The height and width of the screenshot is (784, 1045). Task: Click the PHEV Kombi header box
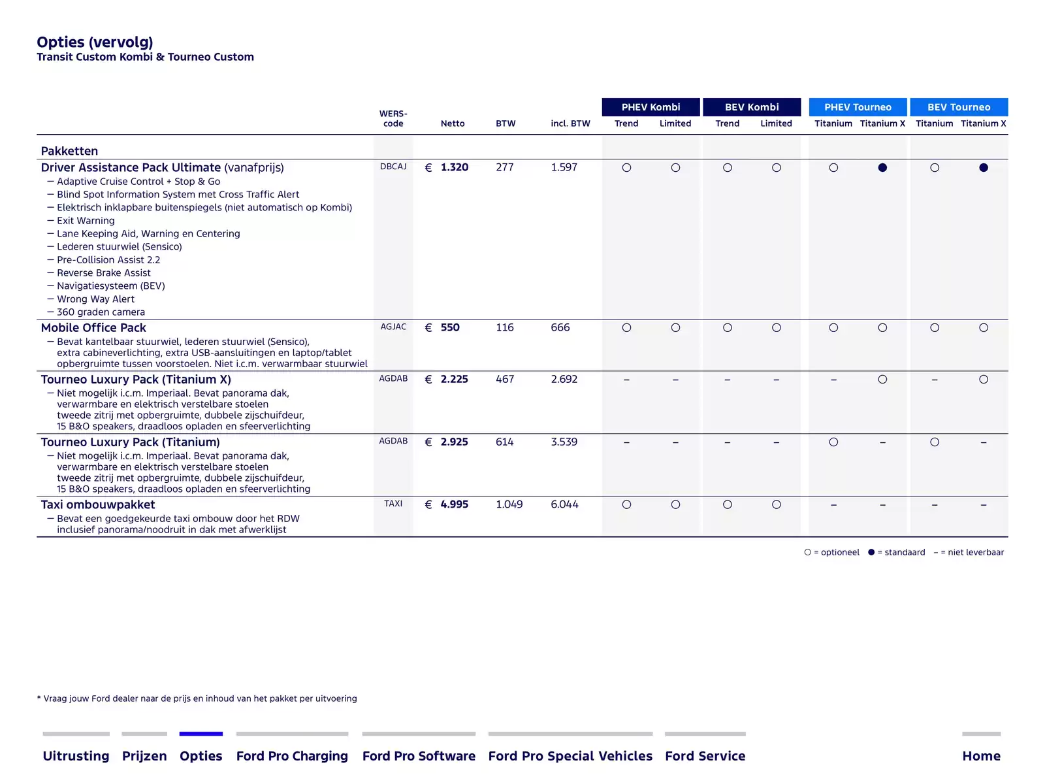(x=651, y=107)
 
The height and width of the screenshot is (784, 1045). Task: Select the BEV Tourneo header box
(x=958, y=107)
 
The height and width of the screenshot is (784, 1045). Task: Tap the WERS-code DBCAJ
(x=393, y=167)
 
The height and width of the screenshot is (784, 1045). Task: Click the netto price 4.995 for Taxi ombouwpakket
(x=454, y=504)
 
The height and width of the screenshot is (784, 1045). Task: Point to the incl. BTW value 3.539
(x=564, y=442)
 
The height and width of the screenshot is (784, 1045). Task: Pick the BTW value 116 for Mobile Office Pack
(x=504, y=327)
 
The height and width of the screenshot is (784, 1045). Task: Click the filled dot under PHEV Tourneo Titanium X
(x=882, y=167)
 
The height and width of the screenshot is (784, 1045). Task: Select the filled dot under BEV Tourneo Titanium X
(x=983, y=167)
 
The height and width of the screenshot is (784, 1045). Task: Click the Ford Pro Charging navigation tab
(x=292, y=755)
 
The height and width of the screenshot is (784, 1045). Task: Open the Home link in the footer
(x=981, y=755)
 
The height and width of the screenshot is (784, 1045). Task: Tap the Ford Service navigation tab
(x=705, y=755)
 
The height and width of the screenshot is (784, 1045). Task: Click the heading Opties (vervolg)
(x=95, y=42)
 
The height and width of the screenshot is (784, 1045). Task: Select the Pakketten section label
(x=69, y=151)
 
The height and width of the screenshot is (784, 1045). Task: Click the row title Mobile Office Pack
(x=93, y=327)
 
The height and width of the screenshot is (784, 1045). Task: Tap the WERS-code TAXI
(x=393, y=504)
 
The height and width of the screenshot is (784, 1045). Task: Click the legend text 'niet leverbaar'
(x=976, y=552)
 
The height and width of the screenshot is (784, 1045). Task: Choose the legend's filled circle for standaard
(x=871, y=552)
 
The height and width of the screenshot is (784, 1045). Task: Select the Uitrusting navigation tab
(x=76, y=755)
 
